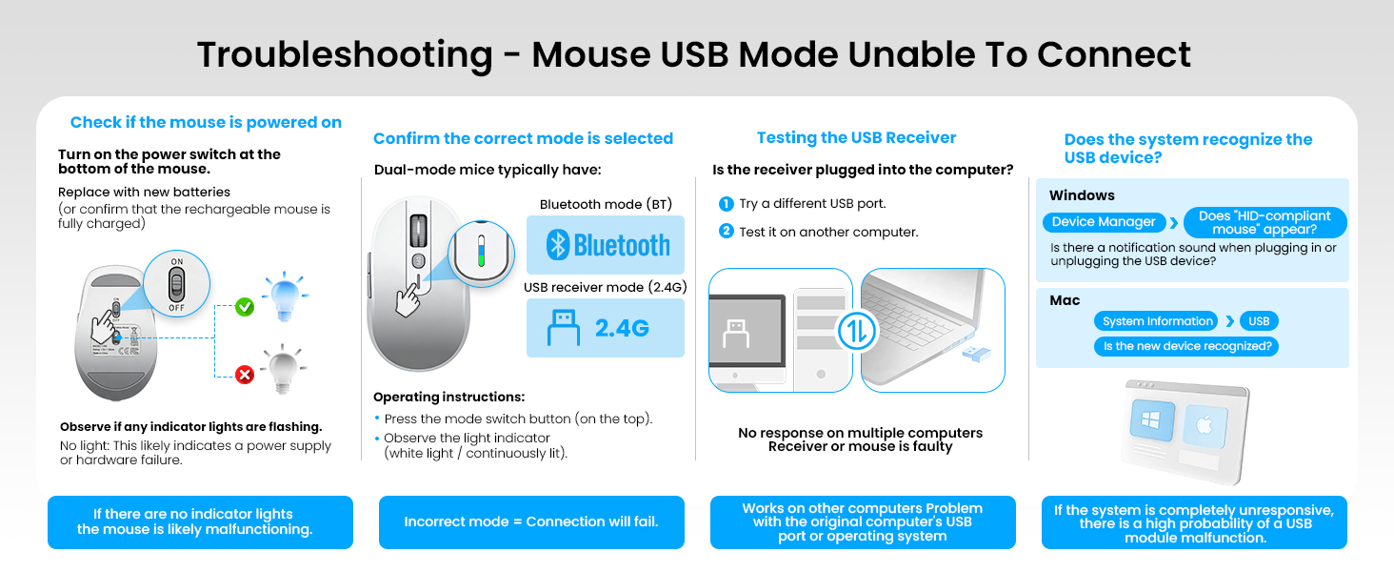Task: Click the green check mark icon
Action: click(245, 307)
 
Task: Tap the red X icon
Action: click(245, 375)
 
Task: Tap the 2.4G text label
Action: click(622, 328)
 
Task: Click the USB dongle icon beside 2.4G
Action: click(563, 327)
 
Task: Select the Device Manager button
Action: click(1104, 222)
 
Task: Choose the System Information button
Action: click(1157, 321)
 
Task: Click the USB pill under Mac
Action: click(1259, 321)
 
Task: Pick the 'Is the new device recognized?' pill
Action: click(1185, 346)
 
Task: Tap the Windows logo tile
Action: click(1152, 422)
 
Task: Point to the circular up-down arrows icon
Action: click(856, 330)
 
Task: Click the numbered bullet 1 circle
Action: click(727, 204)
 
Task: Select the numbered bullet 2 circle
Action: click(727, 231)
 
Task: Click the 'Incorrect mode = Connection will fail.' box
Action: click(531, 521)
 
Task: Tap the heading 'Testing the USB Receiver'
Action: click(856, 138)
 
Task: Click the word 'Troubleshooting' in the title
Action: click(345, 54)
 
